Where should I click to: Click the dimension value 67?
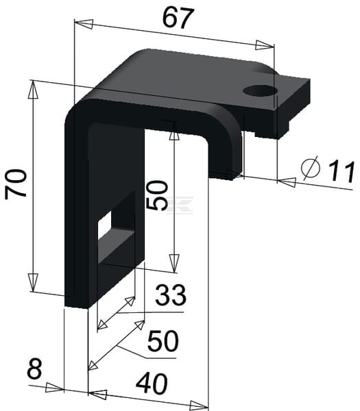(178, 18)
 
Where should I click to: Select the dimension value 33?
(171, 295)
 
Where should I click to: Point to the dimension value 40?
(152, 384)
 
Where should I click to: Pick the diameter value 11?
(341, 171)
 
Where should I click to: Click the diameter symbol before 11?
(311, 169)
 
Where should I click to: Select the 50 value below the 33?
(163, 341)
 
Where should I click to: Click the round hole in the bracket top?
(260, 90)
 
